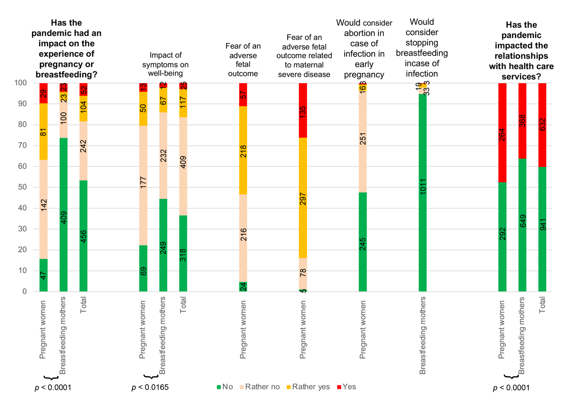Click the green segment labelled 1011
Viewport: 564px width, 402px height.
click(423, 193)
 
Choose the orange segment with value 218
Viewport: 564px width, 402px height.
click(243, 150)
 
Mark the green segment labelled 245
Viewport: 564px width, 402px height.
click(362, 242)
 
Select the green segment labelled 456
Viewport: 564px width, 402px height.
click(84, 236)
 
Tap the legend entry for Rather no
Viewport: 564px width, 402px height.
click(259, 387)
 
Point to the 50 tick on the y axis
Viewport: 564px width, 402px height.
click(26, 187)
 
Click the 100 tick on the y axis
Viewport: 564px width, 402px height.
click(24, 83)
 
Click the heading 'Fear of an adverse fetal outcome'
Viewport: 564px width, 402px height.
click(243, 60)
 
